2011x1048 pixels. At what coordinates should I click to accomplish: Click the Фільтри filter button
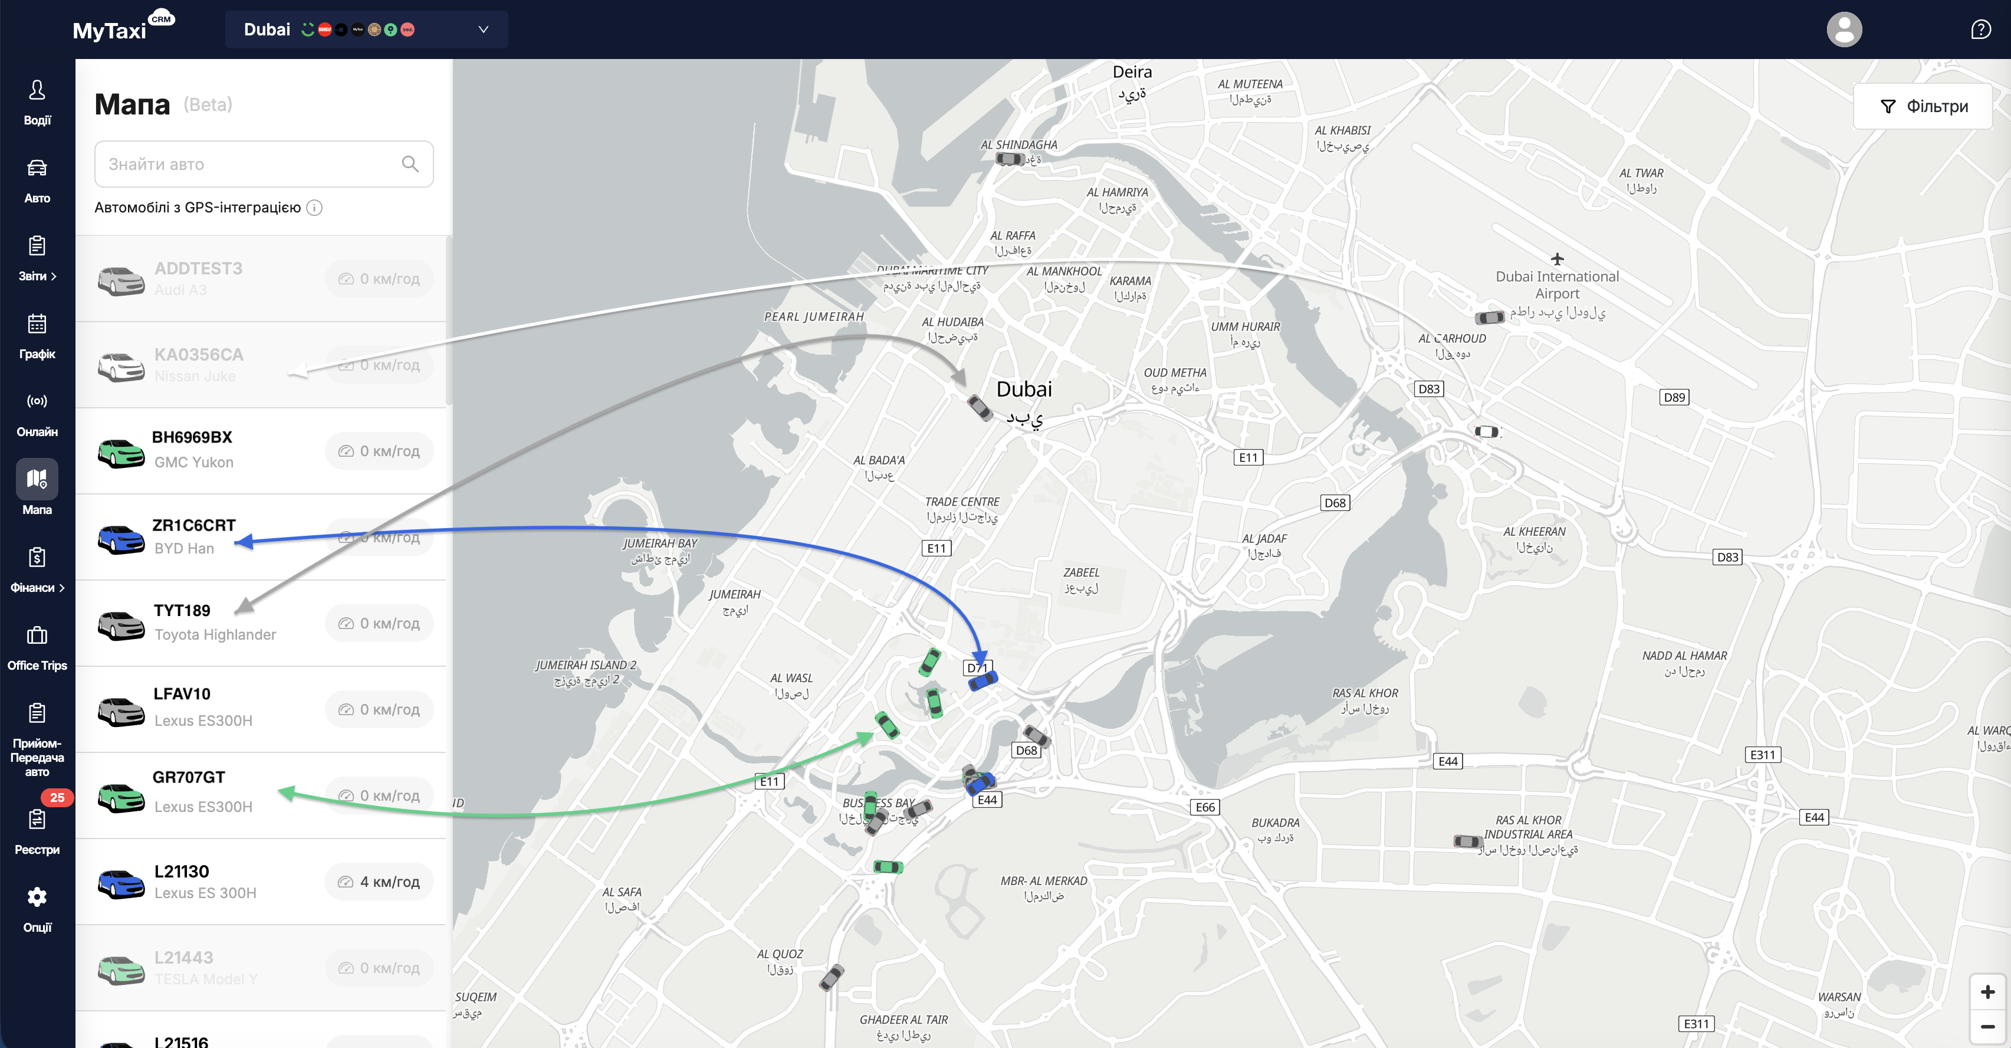click(x=1923, y=106)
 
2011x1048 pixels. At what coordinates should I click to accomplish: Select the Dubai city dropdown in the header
click(x=366, y=30)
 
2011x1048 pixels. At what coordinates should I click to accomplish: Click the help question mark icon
click(x=1980, y=30)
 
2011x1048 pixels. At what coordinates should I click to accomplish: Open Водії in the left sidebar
click(x=37, y=101)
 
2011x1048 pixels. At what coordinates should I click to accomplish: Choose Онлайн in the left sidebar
click(x=37, y=413)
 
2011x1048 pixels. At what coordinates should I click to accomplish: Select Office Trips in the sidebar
click(x=37, y=647)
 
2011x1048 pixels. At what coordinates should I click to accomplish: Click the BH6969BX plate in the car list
click(x=192, y=437)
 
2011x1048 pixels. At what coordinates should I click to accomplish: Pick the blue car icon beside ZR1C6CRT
click(x=121, y=538)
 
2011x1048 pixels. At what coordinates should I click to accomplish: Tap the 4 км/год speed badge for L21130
click(x=379, y=882)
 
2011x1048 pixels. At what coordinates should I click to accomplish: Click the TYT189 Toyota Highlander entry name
click(x=182, y=610)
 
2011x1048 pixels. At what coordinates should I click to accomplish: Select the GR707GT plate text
click(x=189, y=777)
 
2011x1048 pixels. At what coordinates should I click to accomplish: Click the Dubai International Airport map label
click(x=1557, y=285)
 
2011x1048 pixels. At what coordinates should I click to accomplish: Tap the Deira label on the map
click(x=1132, y=72)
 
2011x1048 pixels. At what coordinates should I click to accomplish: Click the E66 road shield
click(x=1205, y=807)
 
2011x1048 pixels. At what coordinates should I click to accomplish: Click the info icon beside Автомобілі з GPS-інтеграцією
click(x=314, y=208)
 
